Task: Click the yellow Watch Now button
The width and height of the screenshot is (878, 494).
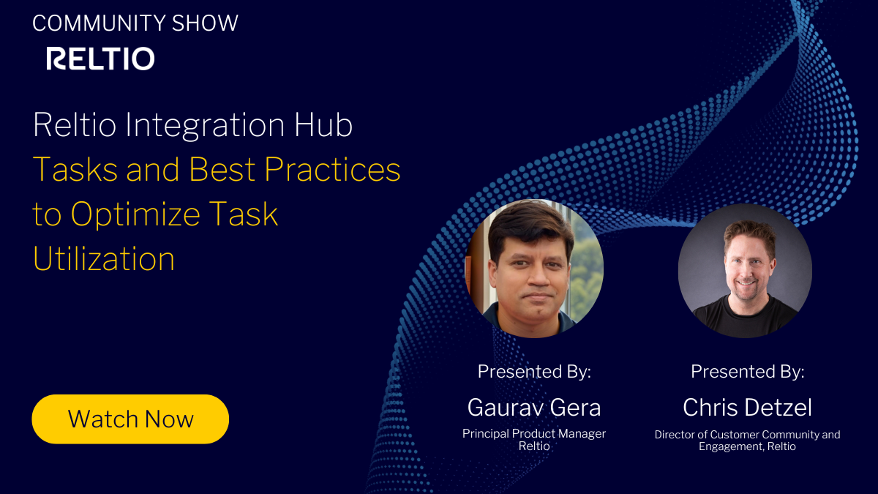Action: [x=130, y=419]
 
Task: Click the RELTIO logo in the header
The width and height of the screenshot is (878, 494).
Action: [x=100, y=59]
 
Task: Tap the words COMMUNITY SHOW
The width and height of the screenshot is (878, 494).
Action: [x=135, y=23]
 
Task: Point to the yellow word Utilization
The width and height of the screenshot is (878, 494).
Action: [x=103, y=259]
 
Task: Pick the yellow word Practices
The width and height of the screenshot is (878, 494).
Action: [x=332, y=170]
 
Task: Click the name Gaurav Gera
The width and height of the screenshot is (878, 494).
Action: [x=534, y=407]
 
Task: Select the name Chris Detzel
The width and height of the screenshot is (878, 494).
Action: [x=747, y=407]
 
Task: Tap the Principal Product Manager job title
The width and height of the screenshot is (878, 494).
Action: [x=534, y=433]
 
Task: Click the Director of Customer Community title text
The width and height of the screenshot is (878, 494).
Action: [x=747, y=434]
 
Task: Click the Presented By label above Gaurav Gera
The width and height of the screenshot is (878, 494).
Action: [x=534, y=372]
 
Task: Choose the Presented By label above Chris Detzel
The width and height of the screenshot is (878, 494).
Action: [x=747, y=372]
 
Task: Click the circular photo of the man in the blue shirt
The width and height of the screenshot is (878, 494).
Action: [x=534, y=269]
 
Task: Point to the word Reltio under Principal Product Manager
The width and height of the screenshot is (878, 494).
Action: [x=534, y=446]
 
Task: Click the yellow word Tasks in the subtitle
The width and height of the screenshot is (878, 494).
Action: [x=75, y=170]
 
